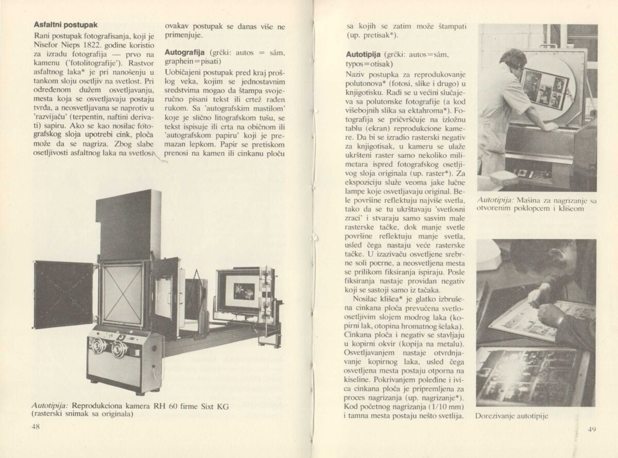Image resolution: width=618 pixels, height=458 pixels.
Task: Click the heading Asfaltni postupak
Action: pos(66,24)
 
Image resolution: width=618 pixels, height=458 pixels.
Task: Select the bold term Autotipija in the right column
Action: pos(363,54)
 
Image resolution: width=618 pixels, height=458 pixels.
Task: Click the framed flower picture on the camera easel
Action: pos(241,291)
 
